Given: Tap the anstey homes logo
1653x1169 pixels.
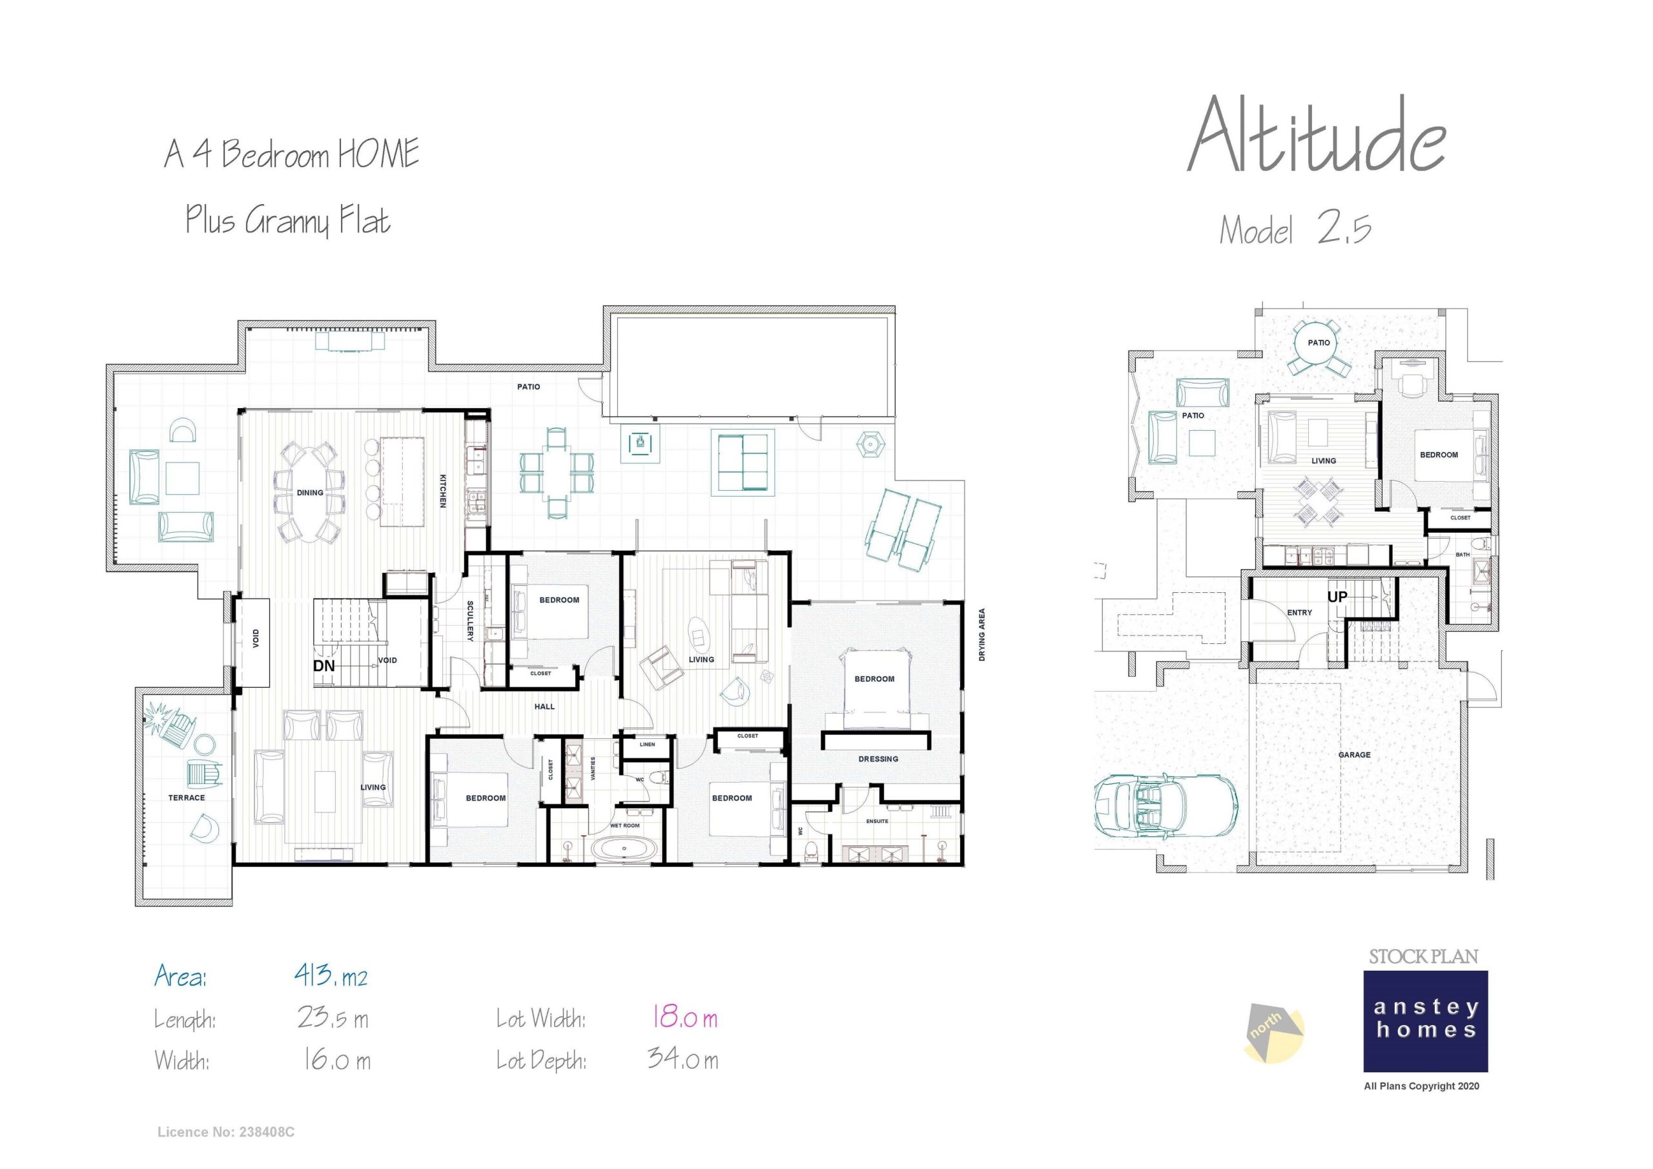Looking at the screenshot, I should click(1425, 1020).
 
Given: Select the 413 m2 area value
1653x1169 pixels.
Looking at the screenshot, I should click(331, 976).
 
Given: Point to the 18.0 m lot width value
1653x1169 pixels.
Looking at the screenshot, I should click(684, 1018).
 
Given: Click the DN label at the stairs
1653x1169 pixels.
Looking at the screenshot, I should click(324, 665).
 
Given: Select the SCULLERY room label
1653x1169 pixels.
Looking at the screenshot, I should click(470, 621).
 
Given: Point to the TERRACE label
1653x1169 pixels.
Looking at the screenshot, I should click(187, 798).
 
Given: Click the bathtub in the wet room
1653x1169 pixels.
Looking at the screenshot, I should click(624, 849).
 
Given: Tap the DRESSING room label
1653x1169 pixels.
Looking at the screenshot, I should click(878, 758).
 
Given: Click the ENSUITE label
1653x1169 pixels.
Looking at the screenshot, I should click(876, 821).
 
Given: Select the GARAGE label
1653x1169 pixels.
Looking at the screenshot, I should click(1354, 755).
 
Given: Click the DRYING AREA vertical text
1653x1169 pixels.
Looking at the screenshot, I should click(981, 635).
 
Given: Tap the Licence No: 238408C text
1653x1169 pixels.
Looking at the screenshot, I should click(225, 1132).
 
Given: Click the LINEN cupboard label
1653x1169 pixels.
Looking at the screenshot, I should click(647, 744).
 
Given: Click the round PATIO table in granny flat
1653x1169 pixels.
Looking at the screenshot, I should click(1319, 343).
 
